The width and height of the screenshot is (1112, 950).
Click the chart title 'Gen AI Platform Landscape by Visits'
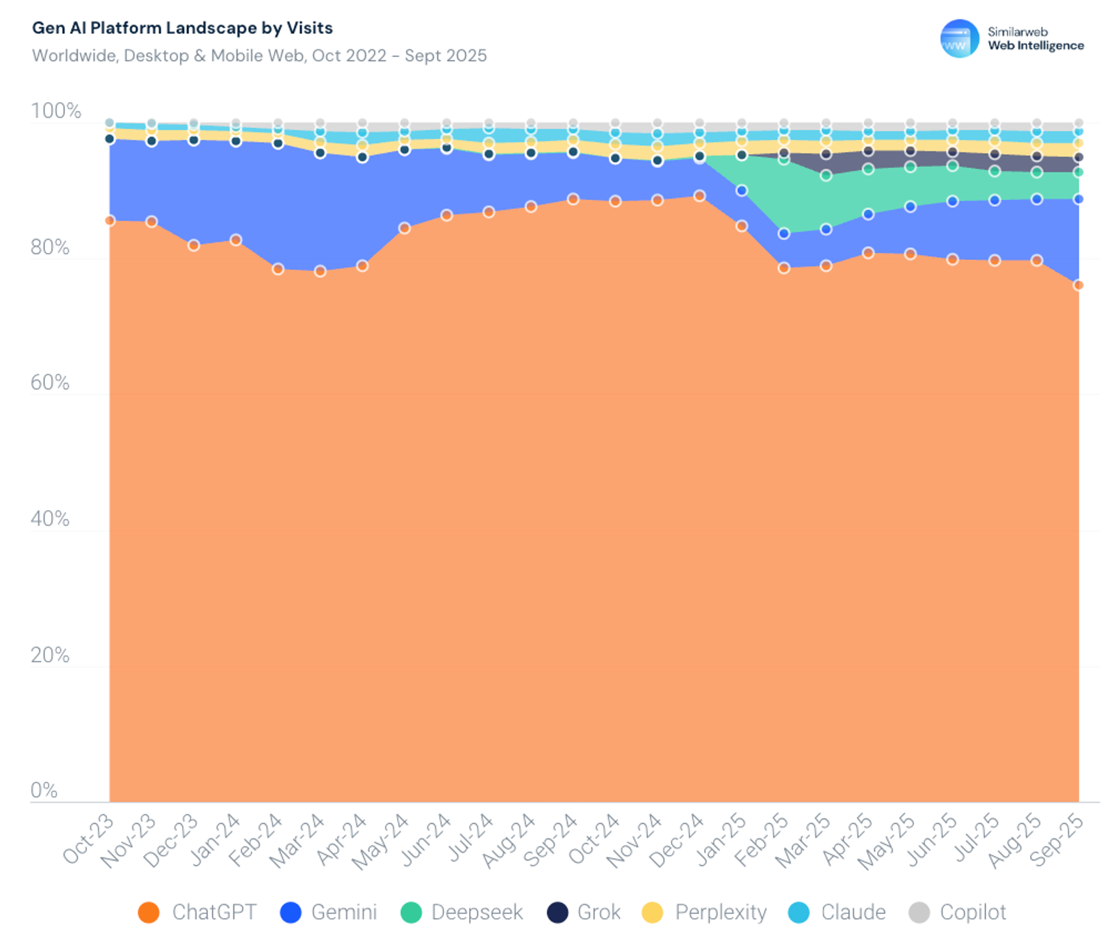[182, 28]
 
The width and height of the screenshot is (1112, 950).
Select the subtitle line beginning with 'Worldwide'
[259, 56]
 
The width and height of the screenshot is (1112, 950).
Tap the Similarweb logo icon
[959, 38]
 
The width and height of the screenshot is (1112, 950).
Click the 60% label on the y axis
[50, 383]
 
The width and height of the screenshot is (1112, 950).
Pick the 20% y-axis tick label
[50, 655]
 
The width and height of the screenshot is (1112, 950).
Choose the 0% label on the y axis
[44, 790]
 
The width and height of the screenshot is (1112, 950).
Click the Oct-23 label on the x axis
[88, 839]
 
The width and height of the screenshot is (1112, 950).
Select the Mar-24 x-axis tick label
[297, 840]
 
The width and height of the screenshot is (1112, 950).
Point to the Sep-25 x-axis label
[1056, 840]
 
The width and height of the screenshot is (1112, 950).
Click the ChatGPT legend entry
[197, 912]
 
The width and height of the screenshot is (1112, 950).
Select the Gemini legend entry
[328, 912]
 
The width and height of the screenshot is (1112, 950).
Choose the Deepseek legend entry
[462, 912]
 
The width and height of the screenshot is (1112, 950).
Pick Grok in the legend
[584, 912]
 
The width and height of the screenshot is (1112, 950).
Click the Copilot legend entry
[958, 912]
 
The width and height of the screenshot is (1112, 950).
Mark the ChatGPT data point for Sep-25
[1079, 285]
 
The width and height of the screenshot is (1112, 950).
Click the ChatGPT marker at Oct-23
[110, 220]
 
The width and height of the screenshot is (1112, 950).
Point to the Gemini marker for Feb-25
[784, 234]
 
